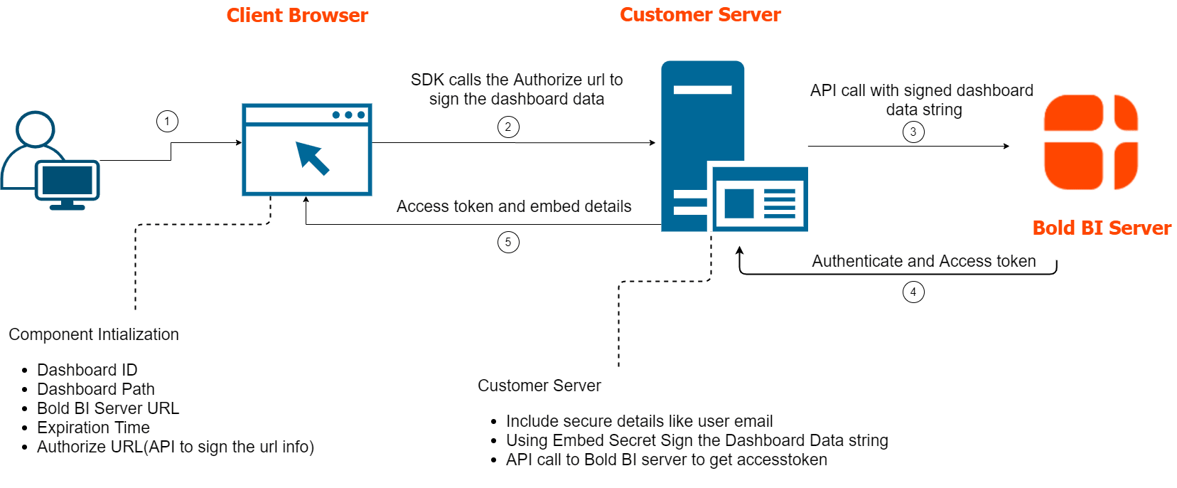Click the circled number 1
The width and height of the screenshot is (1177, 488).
point(167,122)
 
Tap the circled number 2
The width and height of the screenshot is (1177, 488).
point(508,127)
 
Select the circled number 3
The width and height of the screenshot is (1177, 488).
point(913,132)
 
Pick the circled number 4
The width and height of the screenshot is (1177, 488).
point(913,292)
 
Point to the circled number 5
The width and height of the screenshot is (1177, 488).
point(508,242)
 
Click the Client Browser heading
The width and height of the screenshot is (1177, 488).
point(297,16)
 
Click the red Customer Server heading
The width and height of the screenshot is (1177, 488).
point(700,15)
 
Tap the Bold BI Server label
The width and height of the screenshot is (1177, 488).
point(1102,228)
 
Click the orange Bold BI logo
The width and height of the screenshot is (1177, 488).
point(1091,142)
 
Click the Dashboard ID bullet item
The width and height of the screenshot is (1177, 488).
point(87,370)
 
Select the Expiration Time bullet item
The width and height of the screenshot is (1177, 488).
point(93,428)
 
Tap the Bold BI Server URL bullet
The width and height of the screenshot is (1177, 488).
point(108,408)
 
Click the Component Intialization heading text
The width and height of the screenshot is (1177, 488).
point(94,334)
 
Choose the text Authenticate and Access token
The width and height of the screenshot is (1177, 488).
point(924,261)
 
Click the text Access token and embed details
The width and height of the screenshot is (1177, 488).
point(514,206)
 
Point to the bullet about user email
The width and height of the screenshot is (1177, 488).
point(639,421)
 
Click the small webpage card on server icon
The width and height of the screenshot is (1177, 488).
point(759,199)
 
